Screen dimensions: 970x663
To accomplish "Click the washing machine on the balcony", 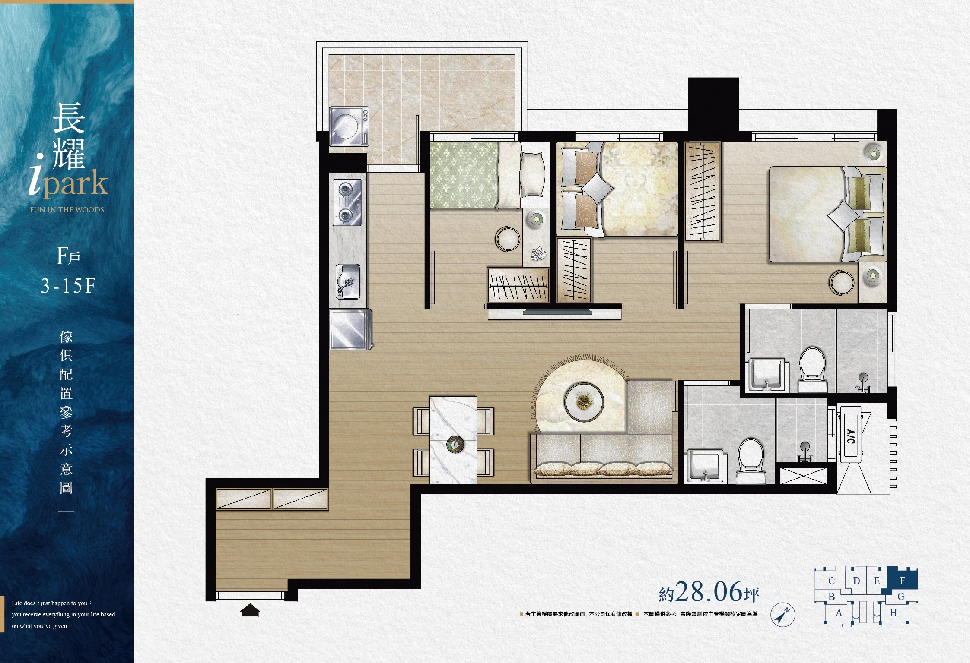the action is pos(349,126).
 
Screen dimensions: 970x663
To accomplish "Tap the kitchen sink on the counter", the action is pos(348,281).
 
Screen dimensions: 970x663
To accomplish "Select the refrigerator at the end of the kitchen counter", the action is pos(350,329).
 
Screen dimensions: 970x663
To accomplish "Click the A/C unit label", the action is pos(851,436).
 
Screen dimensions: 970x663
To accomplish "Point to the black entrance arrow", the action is pos(250,610).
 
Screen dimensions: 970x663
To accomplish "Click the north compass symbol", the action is pos(782,614).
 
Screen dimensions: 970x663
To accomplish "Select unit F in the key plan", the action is pos(902,580).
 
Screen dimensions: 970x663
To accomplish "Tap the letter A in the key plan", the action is pos(839,613).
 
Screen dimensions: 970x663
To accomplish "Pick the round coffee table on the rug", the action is pos(584,402).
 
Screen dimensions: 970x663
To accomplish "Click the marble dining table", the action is pos(453,440).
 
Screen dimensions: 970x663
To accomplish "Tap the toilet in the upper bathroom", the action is pos(812,369).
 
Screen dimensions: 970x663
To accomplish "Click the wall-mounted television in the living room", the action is pos(557,312).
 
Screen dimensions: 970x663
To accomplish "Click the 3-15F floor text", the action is pos(68,286).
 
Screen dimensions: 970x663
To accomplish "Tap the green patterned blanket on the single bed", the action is pos(465,175).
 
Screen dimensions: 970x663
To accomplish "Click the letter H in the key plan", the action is pos(893,613).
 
